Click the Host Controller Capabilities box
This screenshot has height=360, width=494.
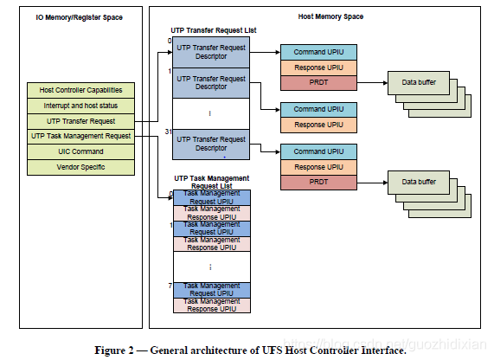click(x=80, y=91)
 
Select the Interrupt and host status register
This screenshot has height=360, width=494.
click(x=80, y=106)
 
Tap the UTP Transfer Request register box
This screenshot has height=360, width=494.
click(x=80, y=121)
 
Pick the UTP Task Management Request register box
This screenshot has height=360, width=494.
click(x=80, y=137)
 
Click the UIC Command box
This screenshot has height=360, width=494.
click(x=80, y=152)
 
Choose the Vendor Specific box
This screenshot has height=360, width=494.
click(x=80, y=167)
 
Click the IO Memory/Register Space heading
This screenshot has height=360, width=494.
click(x=79, y=17)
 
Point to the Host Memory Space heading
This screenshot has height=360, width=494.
click(x=330, y=16)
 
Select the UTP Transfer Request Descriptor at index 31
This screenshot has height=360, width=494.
click(x=211, y=144)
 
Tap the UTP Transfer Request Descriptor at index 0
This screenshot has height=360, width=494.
click(x=211, y=52)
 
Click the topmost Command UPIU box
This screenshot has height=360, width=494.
click(x=318, y=52)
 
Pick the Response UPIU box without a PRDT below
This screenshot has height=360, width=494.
click(x=318, y=125)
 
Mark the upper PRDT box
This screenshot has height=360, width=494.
click(x=318, y=82)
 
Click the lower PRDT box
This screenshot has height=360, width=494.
click(x=318, y=183)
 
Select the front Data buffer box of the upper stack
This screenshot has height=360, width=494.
click(x=419, y=82)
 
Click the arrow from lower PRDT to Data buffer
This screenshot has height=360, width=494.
click(x=372, y=183)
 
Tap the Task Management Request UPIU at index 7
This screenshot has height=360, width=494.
click(x=212, y=290)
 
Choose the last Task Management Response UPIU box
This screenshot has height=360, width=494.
click(x=212, y=305)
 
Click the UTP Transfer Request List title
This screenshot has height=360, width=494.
click(x=214, y=30)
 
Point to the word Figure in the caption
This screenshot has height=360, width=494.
click(x=110, y=350)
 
